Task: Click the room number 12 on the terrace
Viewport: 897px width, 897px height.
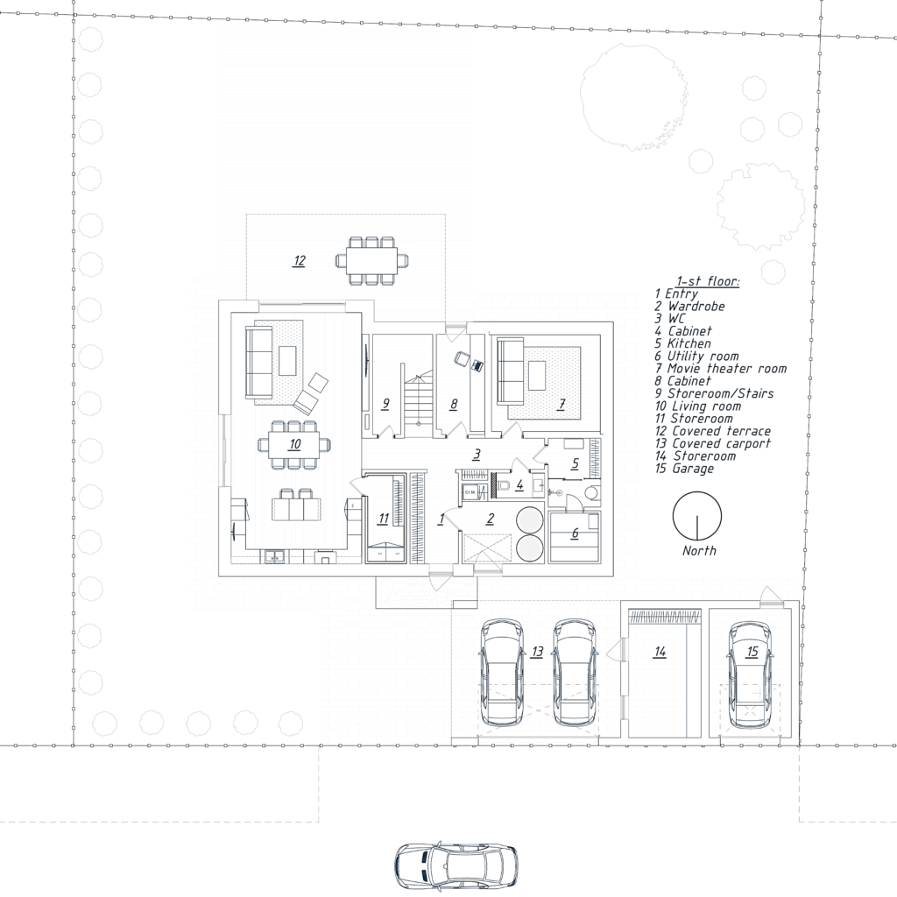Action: [300, 261]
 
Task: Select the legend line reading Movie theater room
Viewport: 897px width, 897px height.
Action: [721, 369]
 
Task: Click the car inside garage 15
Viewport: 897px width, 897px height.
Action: [751, 675]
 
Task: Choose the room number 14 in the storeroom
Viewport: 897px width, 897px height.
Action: [660, 652]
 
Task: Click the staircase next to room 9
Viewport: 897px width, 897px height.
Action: [418, 403]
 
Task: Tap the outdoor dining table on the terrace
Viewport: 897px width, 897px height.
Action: [371, 261]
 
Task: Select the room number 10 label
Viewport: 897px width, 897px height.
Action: [294, 444]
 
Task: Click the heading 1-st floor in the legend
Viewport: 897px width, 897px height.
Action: [708, 281]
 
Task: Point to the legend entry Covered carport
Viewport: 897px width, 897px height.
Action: [713, 444]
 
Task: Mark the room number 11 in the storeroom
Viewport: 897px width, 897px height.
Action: [384, 519]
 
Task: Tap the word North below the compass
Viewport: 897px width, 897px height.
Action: [699, 551]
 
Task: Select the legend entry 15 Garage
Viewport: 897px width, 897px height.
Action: [685, 469]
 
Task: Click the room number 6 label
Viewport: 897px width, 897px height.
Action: [575, 533]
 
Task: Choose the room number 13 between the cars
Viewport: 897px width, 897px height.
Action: [537, 652]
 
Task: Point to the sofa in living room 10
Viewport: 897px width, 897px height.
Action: [258, 362]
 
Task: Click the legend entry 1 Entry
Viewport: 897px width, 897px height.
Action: [677, 294]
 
